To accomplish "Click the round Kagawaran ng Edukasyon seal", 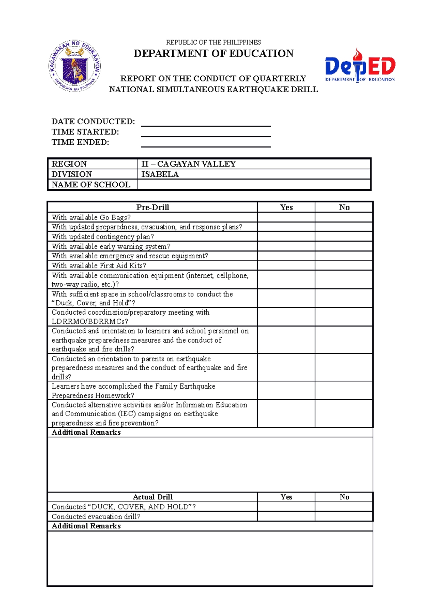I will [75, 66].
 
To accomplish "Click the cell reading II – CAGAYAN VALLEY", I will [254, 164].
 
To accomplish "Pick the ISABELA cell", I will [254, 174].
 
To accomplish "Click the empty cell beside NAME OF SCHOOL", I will [254, 185].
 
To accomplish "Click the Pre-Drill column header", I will [152, 207].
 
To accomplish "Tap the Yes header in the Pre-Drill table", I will [286, 207].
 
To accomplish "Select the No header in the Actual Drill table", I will [344, 497].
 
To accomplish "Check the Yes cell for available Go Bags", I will [286, 217].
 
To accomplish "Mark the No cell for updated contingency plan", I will [344, 237].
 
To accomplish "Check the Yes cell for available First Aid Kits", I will [286, 265].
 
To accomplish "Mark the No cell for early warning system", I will [344, 246].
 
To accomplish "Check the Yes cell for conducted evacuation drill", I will [286, 517].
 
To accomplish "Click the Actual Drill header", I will [152, 497].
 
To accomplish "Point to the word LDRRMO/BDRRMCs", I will [90, 321].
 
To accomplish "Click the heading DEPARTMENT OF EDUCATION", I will [213, 53].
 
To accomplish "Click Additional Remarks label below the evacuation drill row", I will [86, 526].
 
